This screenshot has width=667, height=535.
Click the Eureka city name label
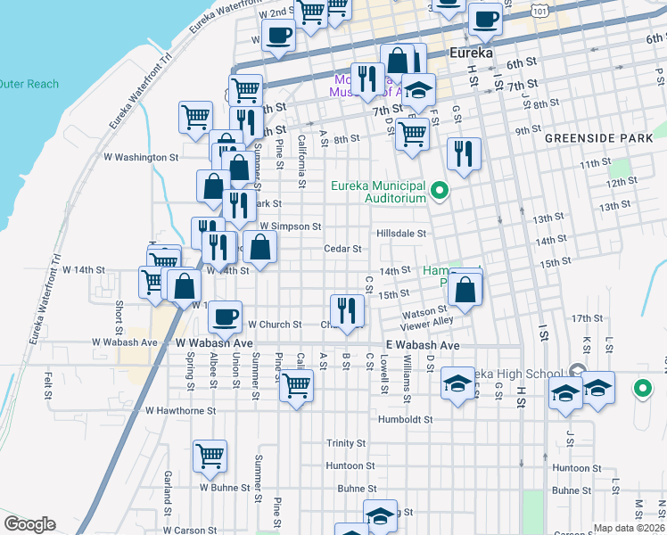click(x=472, y=53)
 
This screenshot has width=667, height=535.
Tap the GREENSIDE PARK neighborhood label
click(x=605, y=139)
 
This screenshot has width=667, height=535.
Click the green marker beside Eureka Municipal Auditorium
click(x=440, y=190)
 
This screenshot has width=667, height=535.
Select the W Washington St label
click(x=141, y=157)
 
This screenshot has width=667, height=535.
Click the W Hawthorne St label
click(x=180, y=411)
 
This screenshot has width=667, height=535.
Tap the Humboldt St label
click(x=405, y=419)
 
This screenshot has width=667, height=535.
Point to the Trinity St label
click(x=346, y=443)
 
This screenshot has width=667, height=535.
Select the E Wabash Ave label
click(x=423, y=345)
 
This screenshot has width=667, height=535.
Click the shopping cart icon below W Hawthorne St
click(x=296, y=386)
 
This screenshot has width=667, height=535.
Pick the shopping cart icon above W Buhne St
click(x=210, y=455)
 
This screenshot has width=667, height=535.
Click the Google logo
click(x=29, y=524)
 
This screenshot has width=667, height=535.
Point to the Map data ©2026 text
click(x=629, y=528)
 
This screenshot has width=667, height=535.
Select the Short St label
click(x=119, y=312)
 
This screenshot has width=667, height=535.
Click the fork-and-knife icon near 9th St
click(x=464, y=152)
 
